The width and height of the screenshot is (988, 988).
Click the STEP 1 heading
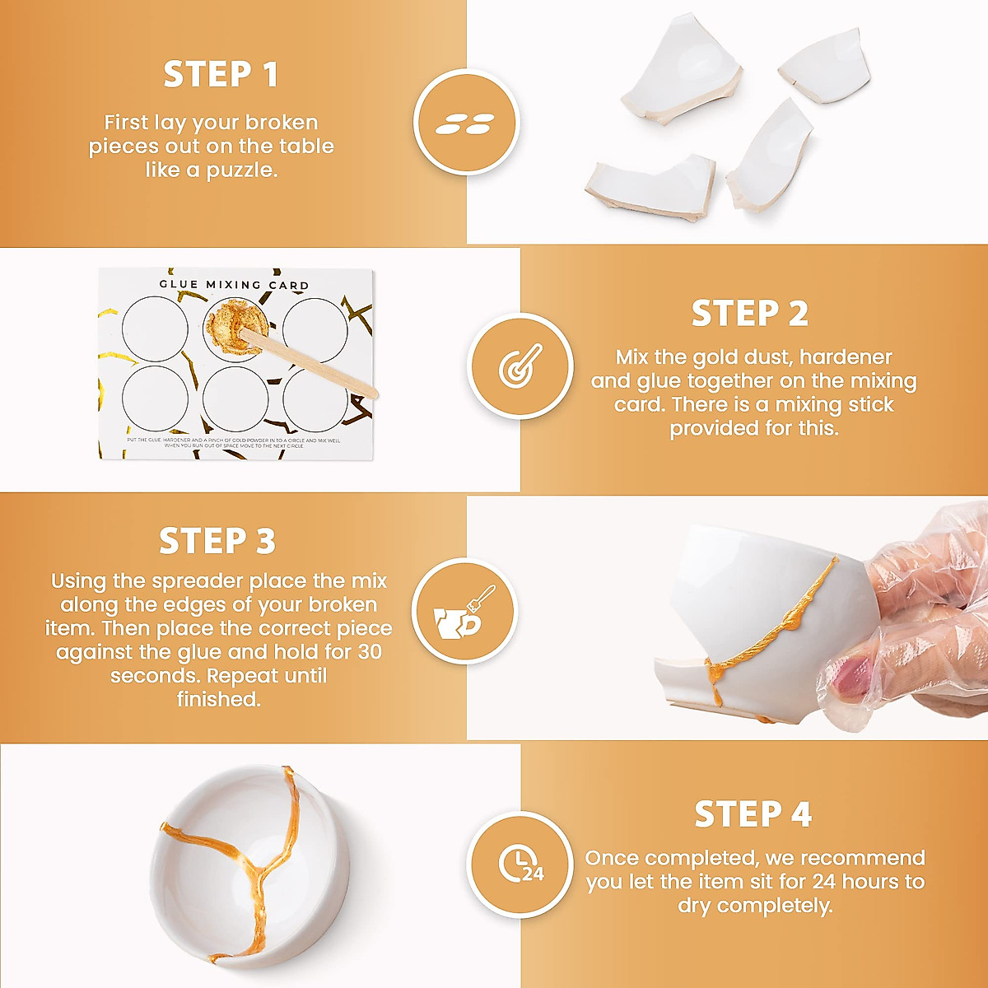221,75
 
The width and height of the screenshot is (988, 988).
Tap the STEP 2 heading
749,314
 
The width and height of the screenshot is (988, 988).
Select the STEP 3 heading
217,542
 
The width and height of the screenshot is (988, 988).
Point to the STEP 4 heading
753,814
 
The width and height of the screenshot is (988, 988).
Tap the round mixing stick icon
520,366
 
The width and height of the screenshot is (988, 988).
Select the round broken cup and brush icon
464,612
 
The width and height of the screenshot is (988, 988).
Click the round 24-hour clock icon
520,864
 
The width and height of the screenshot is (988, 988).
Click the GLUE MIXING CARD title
234,285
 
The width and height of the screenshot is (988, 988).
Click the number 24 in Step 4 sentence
824,882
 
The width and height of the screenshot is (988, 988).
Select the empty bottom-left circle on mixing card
155,398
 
